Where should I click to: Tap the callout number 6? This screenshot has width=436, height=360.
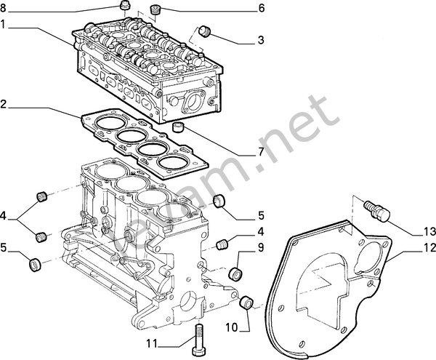pyautogui.click(x=261, y=9)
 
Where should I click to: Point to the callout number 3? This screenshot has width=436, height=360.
pyautogui.click(x=261, y=40)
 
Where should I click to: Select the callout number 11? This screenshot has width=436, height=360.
pyautogui.click(x=150, y=343)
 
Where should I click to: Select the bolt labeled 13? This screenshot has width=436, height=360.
pyautogui.click(x=378, y=209)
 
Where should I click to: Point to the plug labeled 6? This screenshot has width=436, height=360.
pyautogui.click(x=155, y=10)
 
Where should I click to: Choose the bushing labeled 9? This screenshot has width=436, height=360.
pyautogui.click(x=235, y=276)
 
